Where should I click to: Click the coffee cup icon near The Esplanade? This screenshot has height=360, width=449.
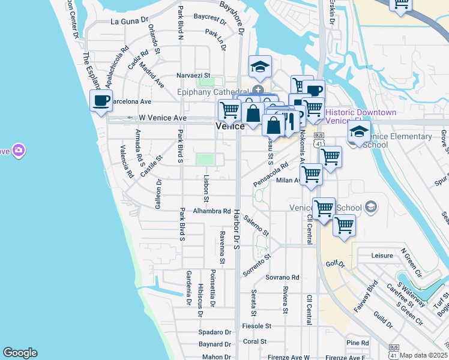pyautogui.click(x=101, y=100)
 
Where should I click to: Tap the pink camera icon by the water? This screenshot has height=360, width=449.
pyautogui.click(x=18, y=149)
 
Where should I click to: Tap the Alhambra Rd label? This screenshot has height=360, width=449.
pyautogui.click(x=212, y=211)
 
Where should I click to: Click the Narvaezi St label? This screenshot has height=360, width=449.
pyautogui.click(x=193, y=76)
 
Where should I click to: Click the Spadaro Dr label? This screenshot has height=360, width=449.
pyautogui.click(x=215, y=332)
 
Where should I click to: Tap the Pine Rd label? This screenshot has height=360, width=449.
pyautogui.click(x=357, y=343)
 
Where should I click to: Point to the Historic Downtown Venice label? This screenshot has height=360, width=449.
pyautogui.click(x=360, y=117)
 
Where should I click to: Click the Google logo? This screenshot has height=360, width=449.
pyautogui.click(x=20, y=353)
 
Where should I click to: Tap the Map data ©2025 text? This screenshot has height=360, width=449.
pyautogui.click(x=423, y=355)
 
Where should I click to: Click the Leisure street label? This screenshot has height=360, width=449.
pyautogui.click(x=382, y=256)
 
